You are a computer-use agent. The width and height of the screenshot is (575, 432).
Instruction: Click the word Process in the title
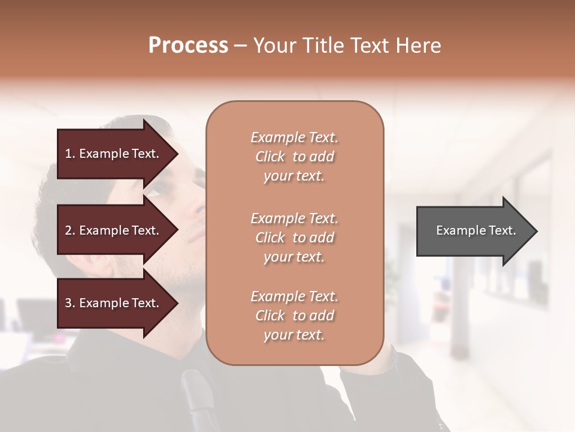tap(188, 46)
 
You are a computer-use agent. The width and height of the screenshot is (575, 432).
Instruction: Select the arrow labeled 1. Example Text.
tap(114, 154)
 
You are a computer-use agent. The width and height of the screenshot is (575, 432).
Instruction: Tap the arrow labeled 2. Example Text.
tap(114, 230)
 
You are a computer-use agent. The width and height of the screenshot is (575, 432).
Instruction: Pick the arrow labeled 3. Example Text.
tap(114, 303)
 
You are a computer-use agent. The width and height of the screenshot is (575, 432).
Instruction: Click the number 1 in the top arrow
tap(68, 154)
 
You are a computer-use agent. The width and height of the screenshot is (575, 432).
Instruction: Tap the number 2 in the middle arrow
tap(68, 230)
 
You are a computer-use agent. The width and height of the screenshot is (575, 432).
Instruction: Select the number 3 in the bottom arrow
tap(68, 303)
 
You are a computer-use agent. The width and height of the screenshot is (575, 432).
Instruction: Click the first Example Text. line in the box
tap(294, 137)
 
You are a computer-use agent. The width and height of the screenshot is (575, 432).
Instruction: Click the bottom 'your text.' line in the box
tap(294, 335)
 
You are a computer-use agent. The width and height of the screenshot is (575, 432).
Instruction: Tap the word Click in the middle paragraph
tap(270, 238)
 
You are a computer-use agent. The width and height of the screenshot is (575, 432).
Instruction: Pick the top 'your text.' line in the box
tap(294, 176)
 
